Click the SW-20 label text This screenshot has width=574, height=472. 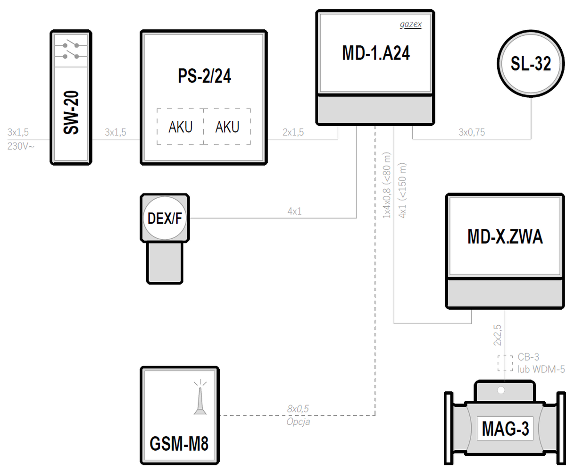(x=71, y=113)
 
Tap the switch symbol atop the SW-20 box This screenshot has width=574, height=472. (x=71, y=51)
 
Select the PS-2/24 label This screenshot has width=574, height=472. (x=204, y=76)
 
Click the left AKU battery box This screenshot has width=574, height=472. (x=180, y=126)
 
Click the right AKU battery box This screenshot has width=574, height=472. (x=227, y=126)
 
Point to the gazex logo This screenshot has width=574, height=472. (x=410, y=25)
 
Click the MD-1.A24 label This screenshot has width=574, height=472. (x=375, y=53)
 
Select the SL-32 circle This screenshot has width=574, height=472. (x=531, y=64)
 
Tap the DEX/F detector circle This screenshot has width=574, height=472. (x=165, y=218)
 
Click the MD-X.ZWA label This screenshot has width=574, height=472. (x=505, y=236)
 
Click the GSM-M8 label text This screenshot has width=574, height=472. (x=179, y=444)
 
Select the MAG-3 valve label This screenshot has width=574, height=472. (x=505, y=429)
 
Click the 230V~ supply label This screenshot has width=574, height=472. (x=21, y=146)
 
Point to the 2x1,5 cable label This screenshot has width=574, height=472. (x=293, y=133)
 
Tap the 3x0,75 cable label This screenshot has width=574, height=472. (x=472, y=133)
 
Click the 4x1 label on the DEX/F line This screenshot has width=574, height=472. (x=294, y=211)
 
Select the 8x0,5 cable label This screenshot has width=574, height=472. (x=298, y=409)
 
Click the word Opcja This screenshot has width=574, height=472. (x=298, y=421)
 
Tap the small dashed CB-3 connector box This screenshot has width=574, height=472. (x=505, y=363)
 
